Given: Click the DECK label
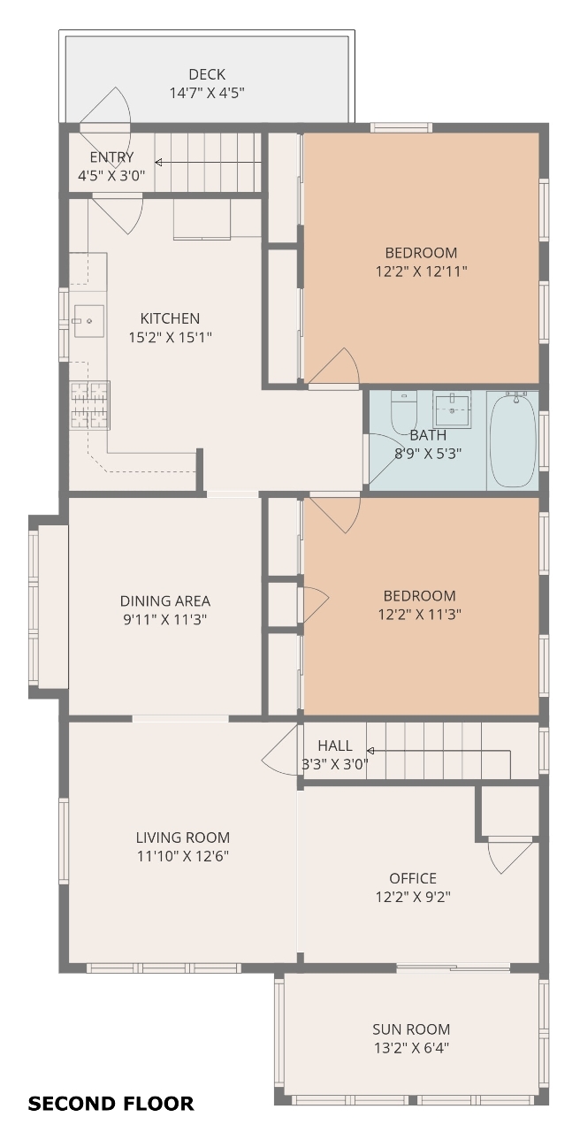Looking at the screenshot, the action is tap(207, 74).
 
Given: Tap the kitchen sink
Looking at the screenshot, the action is tap(89, 321).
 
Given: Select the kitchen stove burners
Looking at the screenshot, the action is tap(90, 405).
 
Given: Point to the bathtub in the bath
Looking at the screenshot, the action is tap(512, 440).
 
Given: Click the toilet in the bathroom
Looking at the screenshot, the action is tap(404, 412).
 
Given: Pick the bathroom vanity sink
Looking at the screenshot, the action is tap(452, 409).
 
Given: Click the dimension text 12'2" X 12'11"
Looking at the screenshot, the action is tap(422, 272).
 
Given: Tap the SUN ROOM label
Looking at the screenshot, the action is tap(411, 1029).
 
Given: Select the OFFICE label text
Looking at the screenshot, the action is tap(413, 878).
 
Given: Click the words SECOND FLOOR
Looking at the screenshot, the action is tap(111, 1104).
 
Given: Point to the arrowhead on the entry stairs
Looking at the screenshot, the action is tap(158, 162).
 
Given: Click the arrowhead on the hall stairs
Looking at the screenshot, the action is tap(370, 751).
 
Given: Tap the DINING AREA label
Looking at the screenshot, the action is tap(165, 600).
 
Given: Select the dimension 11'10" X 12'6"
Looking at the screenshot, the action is tap(183, 856).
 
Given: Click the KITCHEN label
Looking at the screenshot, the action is tap(170, 318).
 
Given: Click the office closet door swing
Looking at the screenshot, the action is tap(510, 858).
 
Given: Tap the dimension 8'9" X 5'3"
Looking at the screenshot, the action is tap(428, 454).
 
